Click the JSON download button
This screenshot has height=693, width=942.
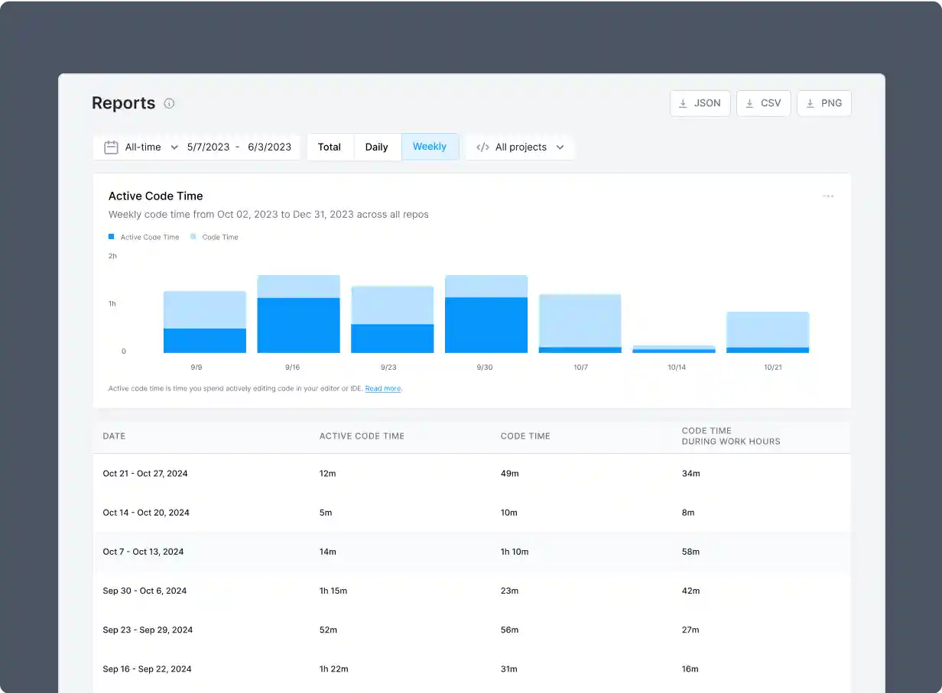pos(700,103)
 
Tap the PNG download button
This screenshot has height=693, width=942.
pos(823,103)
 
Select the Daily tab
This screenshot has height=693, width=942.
pos(376,147)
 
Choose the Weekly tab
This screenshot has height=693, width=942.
pos(430,147)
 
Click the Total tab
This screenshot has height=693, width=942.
pos(330,147)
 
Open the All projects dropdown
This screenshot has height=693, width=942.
pos(520,147)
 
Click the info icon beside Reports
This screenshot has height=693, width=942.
pos(169,103)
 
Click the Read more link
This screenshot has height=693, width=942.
pos(383,389)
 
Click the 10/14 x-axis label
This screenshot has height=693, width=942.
pos(677,368)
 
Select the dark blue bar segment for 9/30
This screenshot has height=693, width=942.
pos(486,325)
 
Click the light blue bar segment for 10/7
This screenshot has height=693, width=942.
pos(580,320)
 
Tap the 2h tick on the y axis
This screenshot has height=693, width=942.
pos(112,256)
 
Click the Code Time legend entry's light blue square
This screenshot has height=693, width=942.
pos(193,237)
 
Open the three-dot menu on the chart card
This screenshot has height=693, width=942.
pos(828,196)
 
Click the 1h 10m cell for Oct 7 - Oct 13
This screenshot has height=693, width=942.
pos(515,552)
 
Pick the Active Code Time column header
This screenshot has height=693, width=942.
pos(362,436)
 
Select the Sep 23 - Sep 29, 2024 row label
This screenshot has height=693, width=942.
pos(148,630)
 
